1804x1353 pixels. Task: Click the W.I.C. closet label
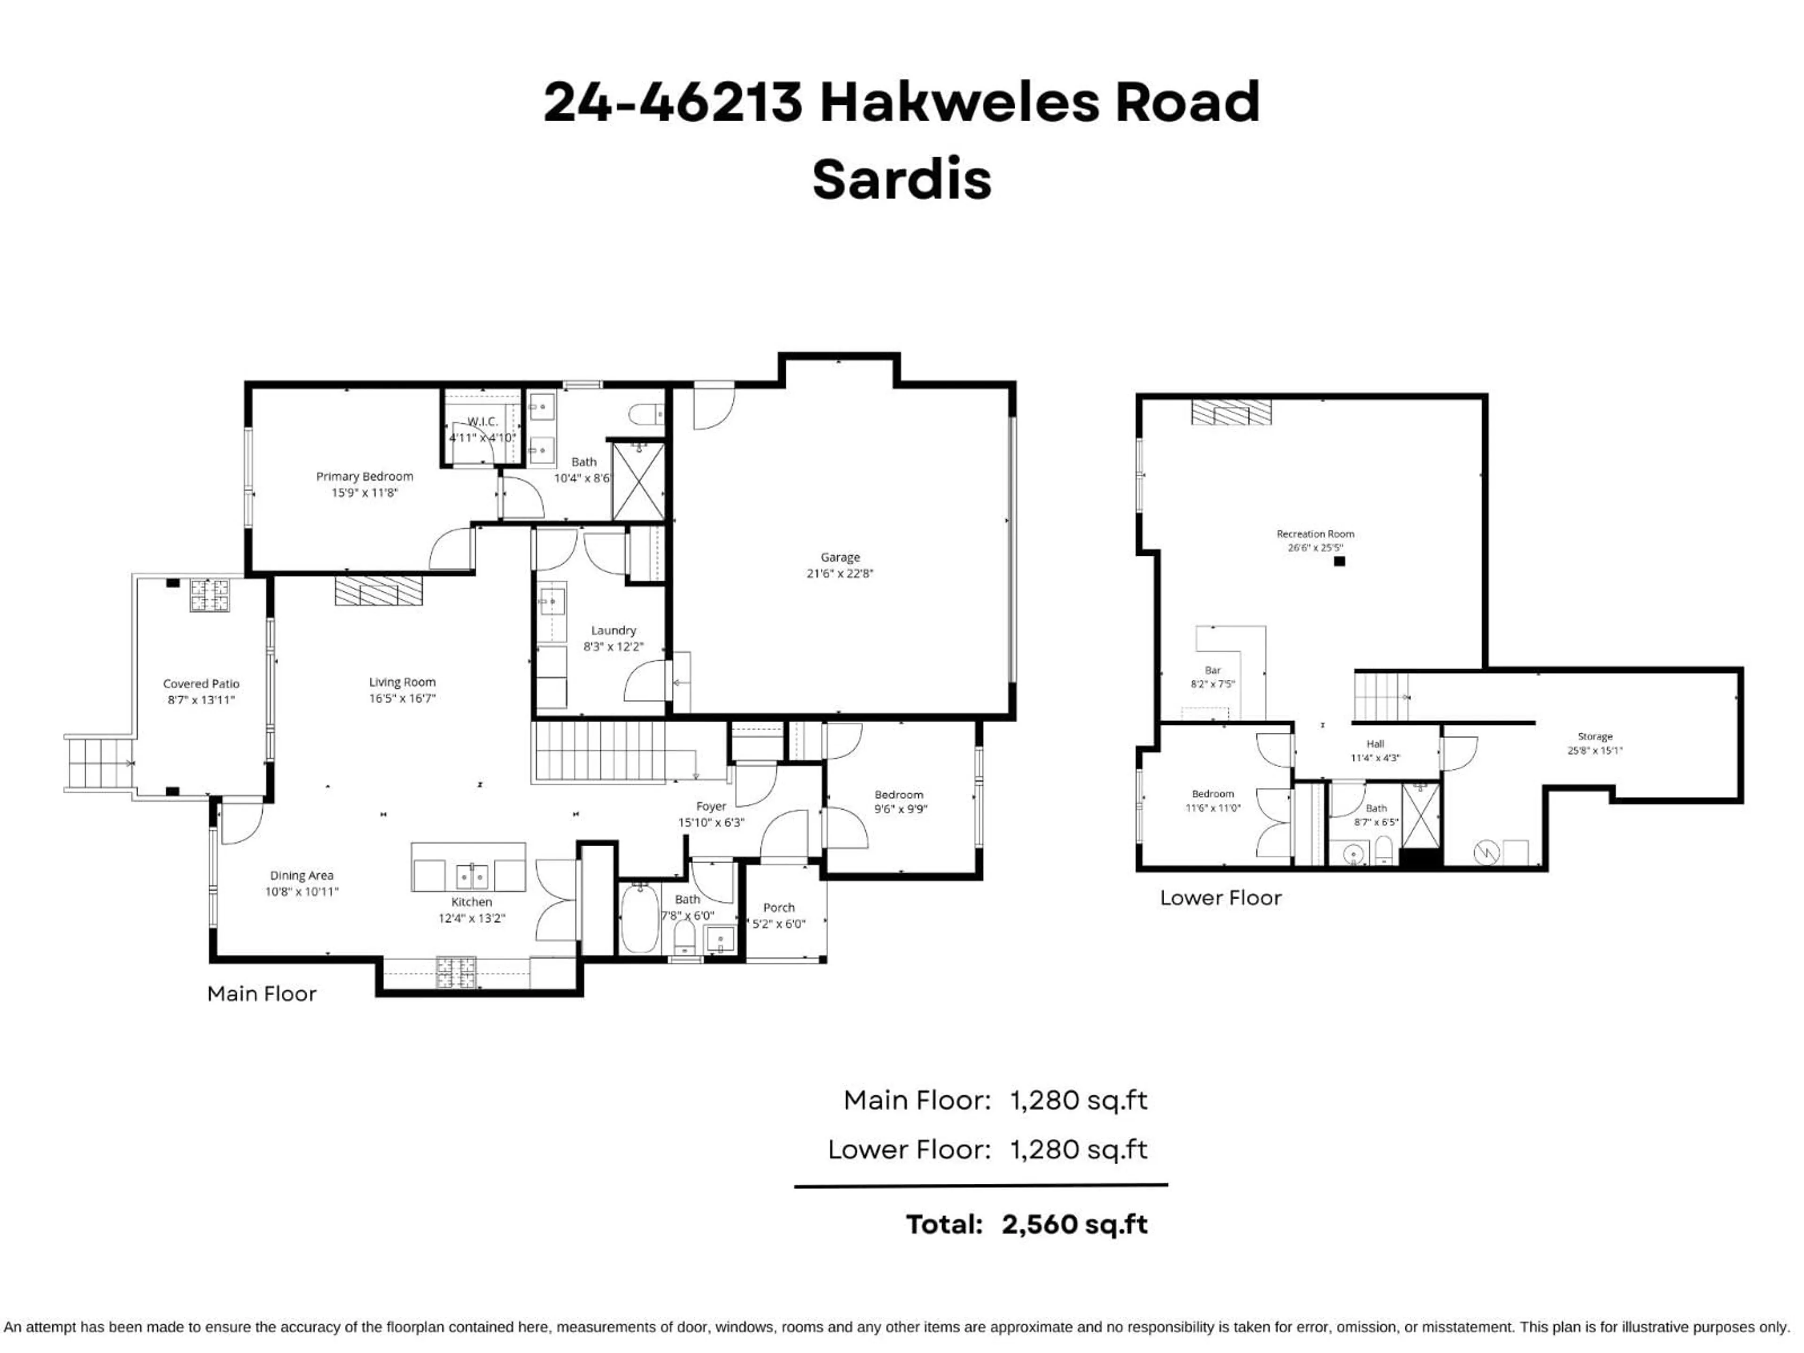(482, 422)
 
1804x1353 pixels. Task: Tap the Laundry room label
(613, 630)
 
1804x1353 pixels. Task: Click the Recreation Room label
(1314, 534)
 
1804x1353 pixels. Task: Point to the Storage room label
(1594, 737)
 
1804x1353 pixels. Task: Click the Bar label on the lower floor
(1212, 670)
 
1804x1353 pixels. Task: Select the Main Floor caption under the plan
(261, 993)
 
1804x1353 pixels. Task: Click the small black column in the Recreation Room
(1339, 561)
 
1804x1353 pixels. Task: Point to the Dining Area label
(301, 875)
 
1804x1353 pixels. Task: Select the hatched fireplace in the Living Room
(378, 591)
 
